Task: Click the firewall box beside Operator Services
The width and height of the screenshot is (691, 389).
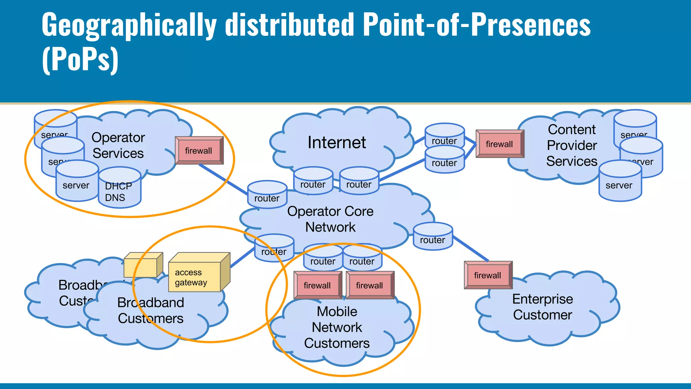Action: point(199,151)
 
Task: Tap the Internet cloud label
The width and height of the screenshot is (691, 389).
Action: point(337,142)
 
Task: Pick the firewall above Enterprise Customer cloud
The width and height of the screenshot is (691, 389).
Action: point(488,275)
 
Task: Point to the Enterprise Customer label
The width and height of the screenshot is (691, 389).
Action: point(543,307)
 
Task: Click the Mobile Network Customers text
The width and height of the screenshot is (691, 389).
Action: point(337,327)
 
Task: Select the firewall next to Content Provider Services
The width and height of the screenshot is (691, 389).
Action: point(499,144)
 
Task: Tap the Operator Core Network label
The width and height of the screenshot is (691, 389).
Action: point(330,219)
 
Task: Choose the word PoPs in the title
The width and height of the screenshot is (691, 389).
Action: point(80,59)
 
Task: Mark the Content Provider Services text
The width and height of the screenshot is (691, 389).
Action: point(572,145)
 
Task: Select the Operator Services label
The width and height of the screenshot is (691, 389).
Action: point(118,145)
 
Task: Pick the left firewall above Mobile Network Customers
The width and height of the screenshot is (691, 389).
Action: point(317,285)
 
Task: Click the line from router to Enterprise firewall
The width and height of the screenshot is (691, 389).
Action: point(471,249)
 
